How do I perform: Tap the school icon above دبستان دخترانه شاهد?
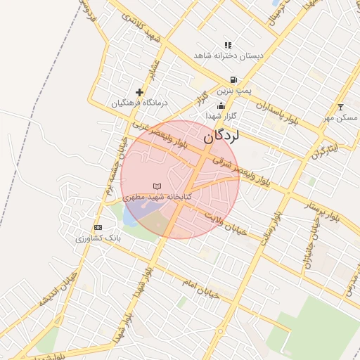[227, 45]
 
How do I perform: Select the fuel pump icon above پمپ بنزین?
[233, 79]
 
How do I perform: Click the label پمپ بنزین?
[233, 90]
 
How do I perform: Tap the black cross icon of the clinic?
[139, 92]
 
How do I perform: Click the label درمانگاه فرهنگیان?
[141, 103]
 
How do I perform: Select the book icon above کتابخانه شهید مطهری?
[157, 186]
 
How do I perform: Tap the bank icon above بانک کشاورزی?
[98, 227]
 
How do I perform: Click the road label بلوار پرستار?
[321, 212]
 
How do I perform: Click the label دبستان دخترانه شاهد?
[227, 56]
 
